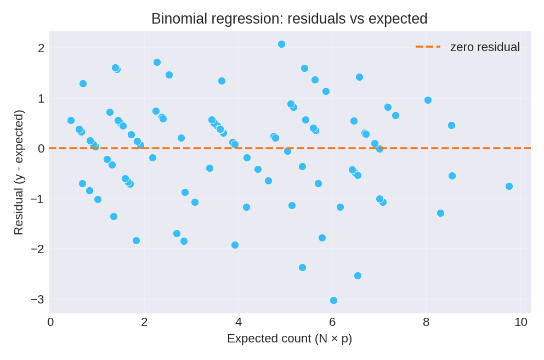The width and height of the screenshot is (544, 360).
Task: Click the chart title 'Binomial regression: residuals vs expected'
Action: tap(289, 19)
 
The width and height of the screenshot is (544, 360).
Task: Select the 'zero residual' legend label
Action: tap(485, 47)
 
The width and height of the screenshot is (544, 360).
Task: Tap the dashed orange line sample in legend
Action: tap(428, 47)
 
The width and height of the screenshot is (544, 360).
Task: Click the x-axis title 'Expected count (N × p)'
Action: tap(289, 339)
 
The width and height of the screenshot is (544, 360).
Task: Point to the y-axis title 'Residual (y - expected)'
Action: tap(19, 172)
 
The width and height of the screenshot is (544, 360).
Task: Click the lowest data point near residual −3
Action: tap(333, 300)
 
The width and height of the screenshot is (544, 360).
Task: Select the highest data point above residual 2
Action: tap(281, 44)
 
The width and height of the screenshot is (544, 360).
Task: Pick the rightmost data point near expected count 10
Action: tap(509, 186)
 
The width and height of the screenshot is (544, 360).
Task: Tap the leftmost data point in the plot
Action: tap(71, 120)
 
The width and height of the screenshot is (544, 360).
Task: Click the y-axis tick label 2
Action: tap(41, 48)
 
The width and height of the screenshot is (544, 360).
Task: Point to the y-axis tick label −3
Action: tap(37, 300)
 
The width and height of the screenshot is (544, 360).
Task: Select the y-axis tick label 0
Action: tap(41, 149)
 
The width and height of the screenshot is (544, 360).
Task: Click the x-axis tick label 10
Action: tap(520, 322)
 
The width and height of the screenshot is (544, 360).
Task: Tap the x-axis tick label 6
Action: tap(332, 322)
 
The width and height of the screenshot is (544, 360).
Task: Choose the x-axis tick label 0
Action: tap(50, 322)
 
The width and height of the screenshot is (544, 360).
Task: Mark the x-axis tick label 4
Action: tap(239, 322)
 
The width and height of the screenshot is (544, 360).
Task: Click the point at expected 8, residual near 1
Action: tap(428, 100)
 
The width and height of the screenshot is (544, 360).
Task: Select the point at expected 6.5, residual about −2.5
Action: tap(358, 275)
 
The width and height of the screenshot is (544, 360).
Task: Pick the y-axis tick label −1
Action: tap(37, 199)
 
